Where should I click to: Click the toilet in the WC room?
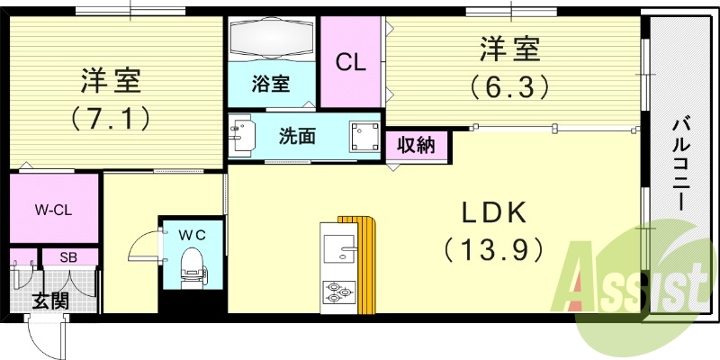193,268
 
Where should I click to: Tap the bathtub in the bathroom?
272,39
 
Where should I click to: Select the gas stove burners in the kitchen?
339,292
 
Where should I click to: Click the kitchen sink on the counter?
339,248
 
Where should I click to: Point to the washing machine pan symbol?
364,137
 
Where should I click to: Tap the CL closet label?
350,62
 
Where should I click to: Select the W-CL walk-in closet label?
53,211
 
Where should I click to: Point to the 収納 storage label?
416,146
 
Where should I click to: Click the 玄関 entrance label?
50,301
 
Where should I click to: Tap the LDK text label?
494,213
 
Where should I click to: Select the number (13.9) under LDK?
494,250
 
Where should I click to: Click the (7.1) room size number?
111,119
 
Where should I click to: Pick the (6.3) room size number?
509,86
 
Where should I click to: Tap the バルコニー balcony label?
682,165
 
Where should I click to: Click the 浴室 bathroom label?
271,84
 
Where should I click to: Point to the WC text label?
193,235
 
